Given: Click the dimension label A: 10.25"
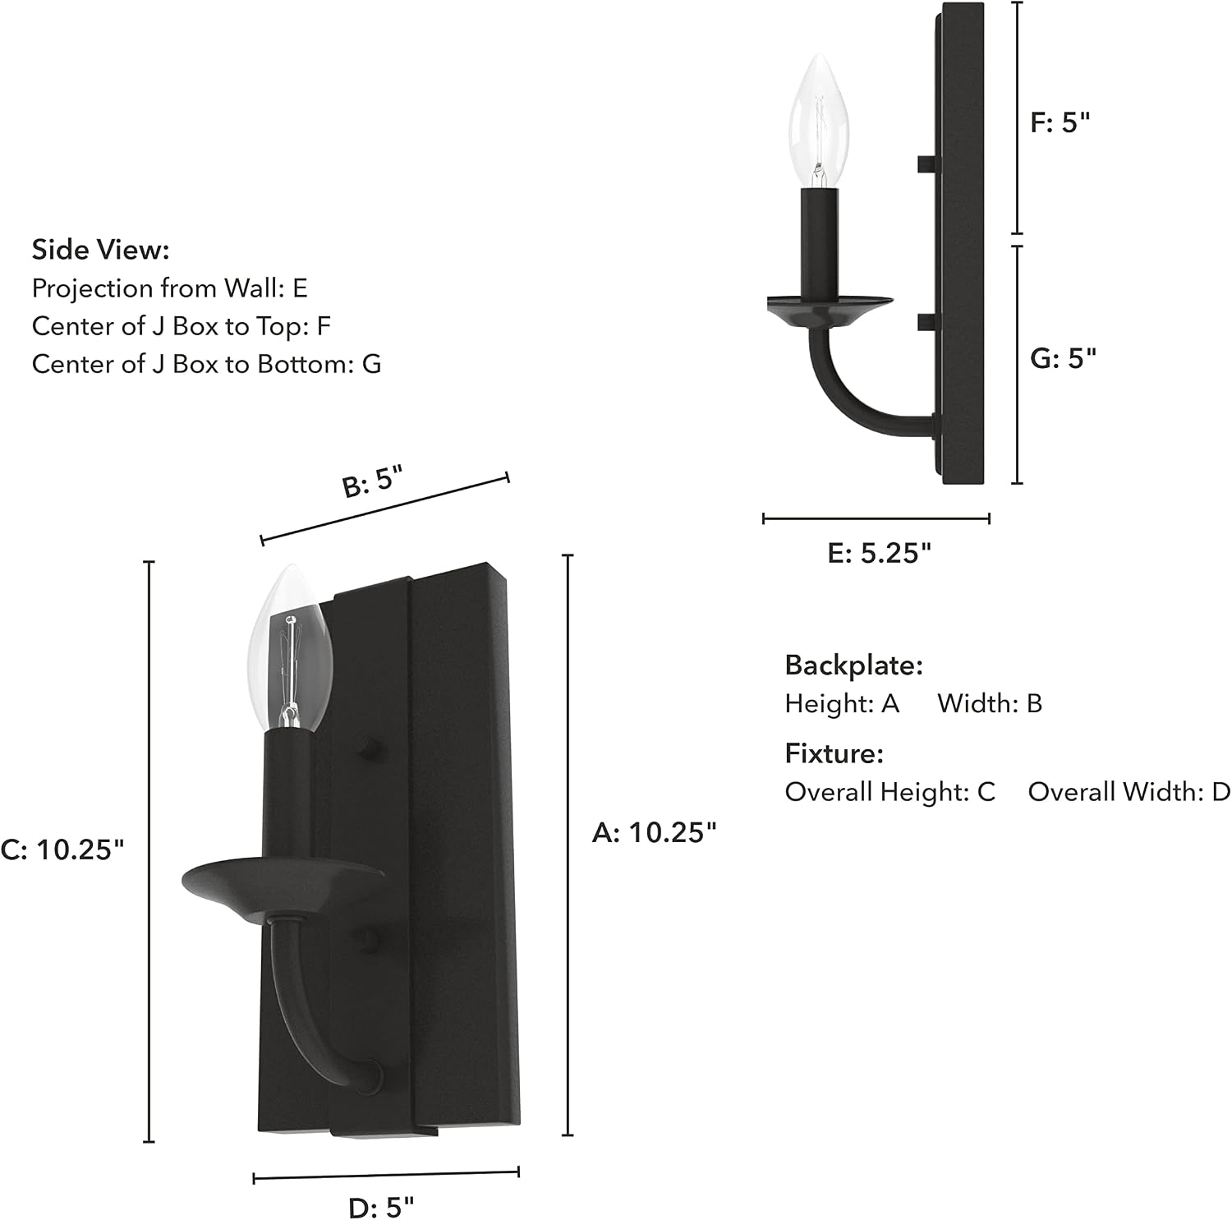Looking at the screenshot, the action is pyautogui.click(x=655, y=832).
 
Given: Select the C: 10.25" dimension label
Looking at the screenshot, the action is pyautogui.click(x=62, y=849).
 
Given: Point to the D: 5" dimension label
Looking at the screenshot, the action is pyautogui.click(x=382, y=1207).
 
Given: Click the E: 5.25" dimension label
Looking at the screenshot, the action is pyautogui.click(x=880, y=553).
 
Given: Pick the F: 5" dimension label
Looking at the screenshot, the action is pyautogui.click(x=1060, y=122).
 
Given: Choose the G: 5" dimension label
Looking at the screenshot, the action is pyautogui.click(x=1064, y=358).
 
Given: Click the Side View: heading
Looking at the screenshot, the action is pyautogui.click(x=100, y=249).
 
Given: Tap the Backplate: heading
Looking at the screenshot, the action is pyautogui.click(x=854, y=665).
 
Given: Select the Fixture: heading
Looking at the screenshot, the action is pyautogui.click(x=834, y=753).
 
